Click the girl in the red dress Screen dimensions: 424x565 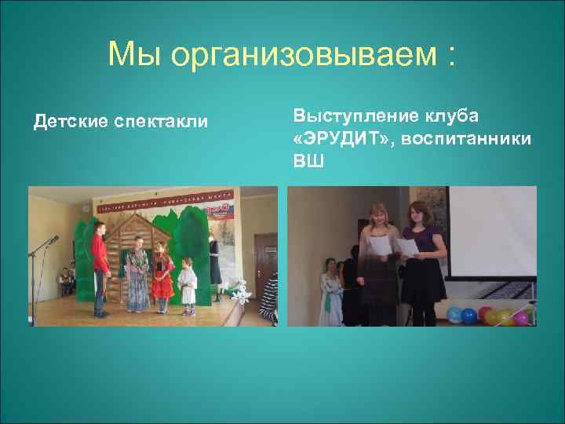162,275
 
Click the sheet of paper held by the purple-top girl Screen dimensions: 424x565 407,246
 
